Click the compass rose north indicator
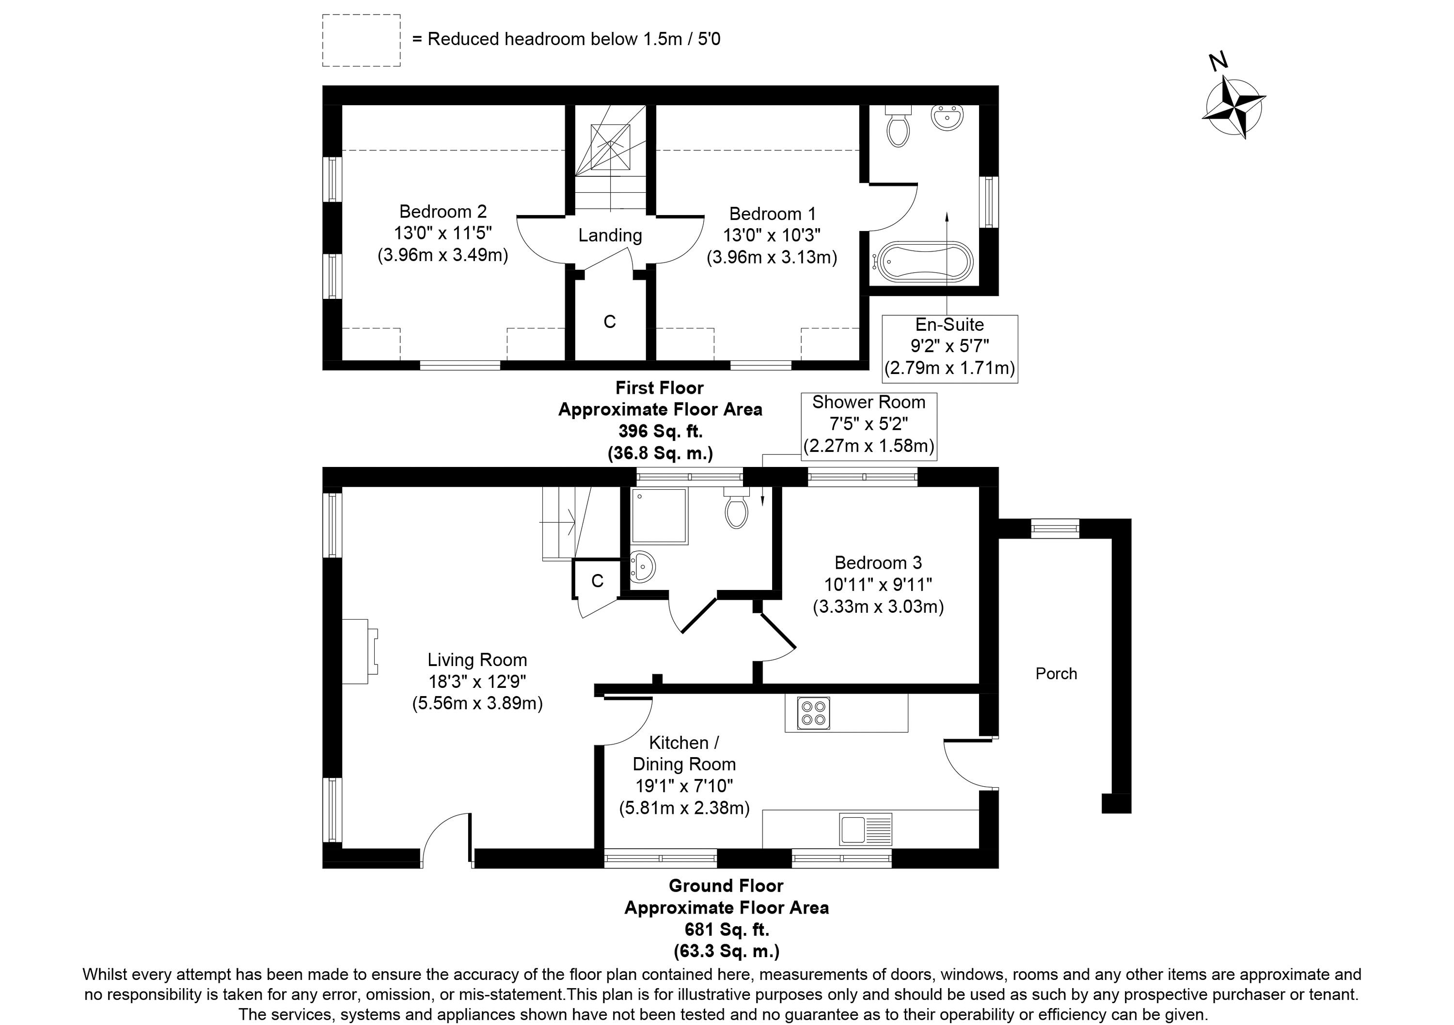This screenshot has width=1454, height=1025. (1233, 107)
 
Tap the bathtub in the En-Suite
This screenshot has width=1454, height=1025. (923, 260)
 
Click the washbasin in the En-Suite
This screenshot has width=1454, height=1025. (948, 118)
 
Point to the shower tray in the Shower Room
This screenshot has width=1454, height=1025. (659, 516)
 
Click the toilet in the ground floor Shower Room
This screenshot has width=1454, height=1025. (737, 508)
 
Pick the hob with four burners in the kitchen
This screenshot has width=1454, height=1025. (814, 714)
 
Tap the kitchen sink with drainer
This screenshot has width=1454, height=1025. (866, 829)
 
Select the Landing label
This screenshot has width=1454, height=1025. (610, 235)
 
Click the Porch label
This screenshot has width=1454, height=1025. (1056, 674)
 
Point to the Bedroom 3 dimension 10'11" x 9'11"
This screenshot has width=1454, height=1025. (878, 584)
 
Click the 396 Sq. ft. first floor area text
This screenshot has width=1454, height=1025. (661, 431)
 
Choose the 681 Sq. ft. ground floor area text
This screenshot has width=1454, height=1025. (727, 930)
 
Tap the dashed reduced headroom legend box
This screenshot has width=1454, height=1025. (361, 40)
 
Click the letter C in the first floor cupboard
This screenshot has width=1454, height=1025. (610, 322)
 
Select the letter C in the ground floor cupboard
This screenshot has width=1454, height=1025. (597, 581)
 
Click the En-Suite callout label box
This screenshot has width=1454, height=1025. (950, 349)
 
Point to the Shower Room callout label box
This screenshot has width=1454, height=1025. (869, 426)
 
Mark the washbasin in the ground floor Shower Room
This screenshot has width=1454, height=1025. (642, 566)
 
